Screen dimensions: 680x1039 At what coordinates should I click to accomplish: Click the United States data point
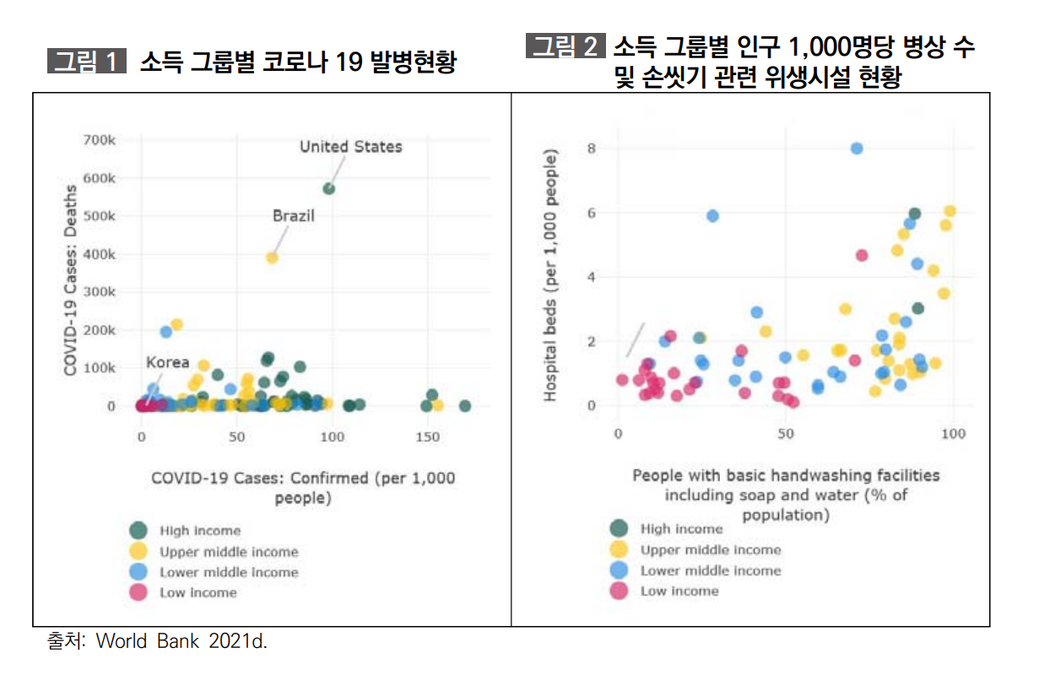329,188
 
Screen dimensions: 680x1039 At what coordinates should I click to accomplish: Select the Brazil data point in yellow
273,258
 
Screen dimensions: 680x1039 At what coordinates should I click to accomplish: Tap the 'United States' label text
351,147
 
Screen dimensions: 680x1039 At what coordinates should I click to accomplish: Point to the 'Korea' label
167,363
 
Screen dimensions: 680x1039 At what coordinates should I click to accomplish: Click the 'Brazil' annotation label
293,216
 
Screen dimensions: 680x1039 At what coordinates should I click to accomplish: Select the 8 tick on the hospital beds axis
592,148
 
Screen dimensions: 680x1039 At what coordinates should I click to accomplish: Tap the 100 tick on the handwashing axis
953,434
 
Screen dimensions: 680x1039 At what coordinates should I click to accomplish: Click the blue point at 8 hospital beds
857,148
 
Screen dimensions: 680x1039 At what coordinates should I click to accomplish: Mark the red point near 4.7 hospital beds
862,255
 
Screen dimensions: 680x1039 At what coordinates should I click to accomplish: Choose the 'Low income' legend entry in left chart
198,593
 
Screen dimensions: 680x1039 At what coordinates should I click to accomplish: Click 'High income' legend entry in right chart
681,529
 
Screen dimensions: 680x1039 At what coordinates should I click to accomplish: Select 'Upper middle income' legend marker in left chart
138,552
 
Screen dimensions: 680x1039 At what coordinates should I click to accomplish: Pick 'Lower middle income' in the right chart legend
710,570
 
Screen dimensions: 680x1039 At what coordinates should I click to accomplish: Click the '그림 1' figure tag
85,62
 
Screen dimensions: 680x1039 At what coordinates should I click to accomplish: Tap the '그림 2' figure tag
565,46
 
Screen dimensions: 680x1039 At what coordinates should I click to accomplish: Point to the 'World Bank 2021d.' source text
181,641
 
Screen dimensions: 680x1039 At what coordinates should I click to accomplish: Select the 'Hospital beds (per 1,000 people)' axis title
550,276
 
